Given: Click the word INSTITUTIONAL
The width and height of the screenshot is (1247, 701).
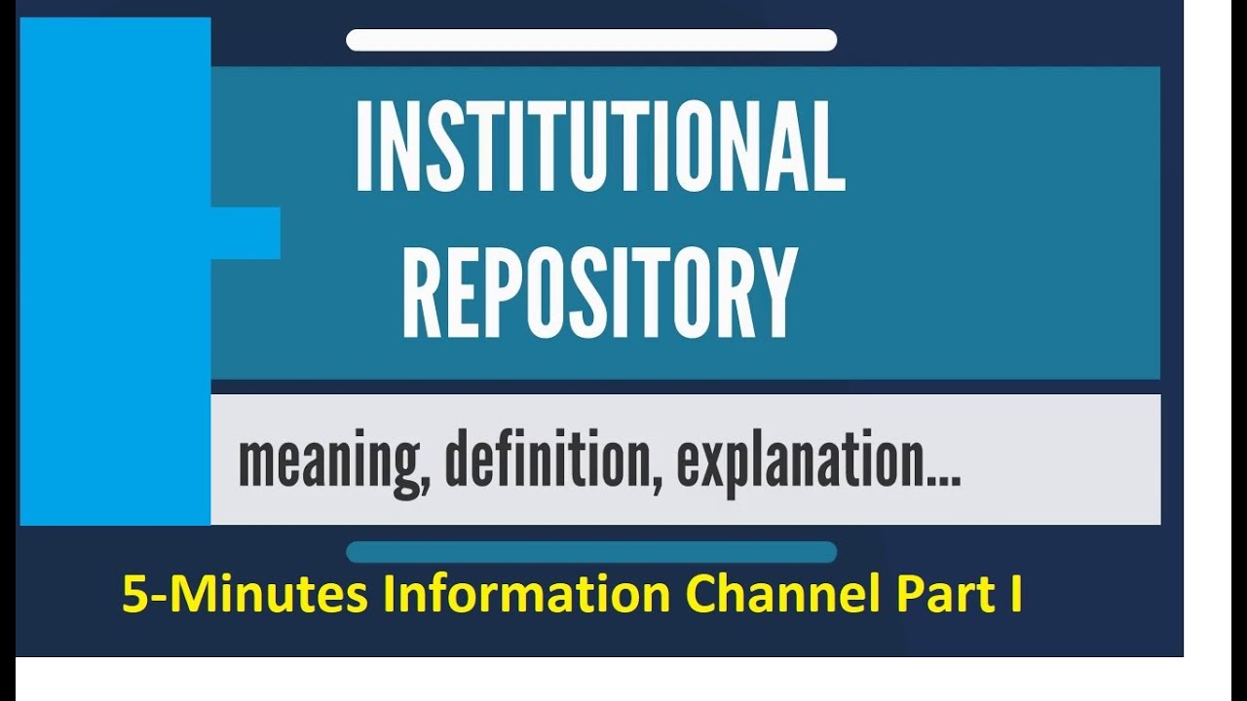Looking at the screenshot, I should coord(599,145).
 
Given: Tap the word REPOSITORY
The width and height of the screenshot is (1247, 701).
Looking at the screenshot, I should coord(599,292).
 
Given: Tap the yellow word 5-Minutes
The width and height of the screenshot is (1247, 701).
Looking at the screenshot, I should coord(244,595).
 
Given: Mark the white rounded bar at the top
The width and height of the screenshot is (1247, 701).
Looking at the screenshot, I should coord(591,40).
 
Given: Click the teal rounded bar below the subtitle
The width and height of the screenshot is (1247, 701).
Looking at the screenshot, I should coord(591,552).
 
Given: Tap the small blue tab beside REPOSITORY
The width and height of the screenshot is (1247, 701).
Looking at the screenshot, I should coord(246,233).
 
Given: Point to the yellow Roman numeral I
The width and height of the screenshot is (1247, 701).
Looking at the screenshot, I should coord(1016,595).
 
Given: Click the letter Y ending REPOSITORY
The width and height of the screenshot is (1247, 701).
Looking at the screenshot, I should coord(775,292).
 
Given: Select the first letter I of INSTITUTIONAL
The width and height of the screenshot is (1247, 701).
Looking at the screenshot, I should coord(363,145).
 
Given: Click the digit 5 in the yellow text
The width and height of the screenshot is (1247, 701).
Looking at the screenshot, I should coord(132,595).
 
